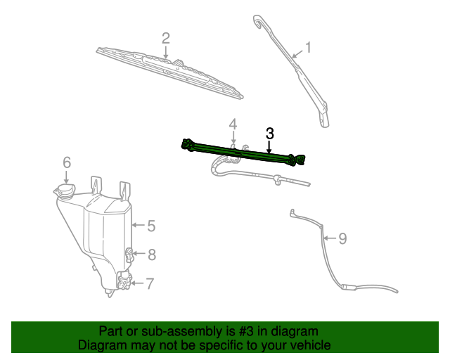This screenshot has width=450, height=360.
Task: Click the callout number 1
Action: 307,48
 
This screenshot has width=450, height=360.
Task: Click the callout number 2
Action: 165,37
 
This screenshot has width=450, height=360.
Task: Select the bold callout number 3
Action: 269,133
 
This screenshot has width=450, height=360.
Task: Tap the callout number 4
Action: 233,124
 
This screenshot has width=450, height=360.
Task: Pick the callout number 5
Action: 150,226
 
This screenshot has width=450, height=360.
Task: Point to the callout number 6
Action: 67,162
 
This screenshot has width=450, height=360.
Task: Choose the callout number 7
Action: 150,284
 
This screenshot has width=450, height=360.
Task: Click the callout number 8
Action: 151,255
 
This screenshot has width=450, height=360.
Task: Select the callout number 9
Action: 342,238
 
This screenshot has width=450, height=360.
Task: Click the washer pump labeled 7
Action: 124,282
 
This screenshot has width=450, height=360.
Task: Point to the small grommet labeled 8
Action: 130,253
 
